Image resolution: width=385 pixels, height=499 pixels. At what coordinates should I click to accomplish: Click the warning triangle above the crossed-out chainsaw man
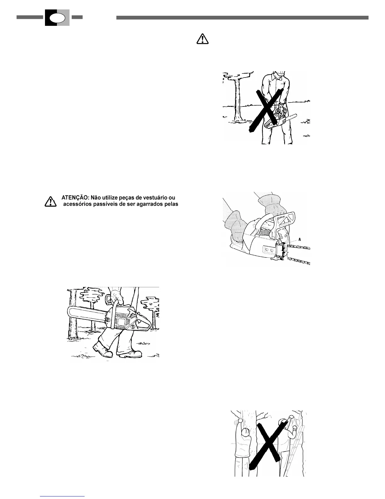(202, 38)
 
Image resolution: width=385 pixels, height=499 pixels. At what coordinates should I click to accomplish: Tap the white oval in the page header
(57, 18)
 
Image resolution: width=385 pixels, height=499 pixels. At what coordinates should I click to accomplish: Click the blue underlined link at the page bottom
(63, 496)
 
